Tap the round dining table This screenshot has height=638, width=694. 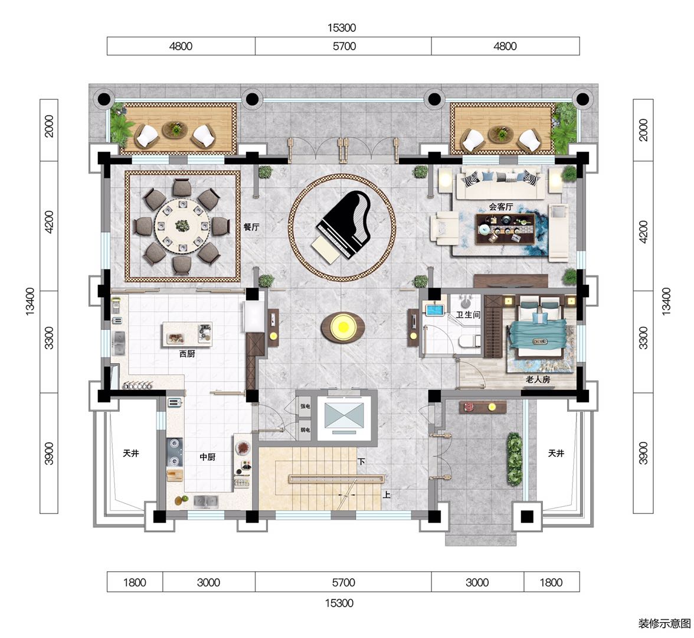(x=182, y=226)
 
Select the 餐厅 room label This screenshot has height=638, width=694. (x=251, y=227)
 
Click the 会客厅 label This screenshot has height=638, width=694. (x=501, y=207)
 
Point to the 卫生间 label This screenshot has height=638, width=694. (x=469, y=314)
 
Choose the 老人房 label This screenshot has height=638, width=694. (x=538, y=379)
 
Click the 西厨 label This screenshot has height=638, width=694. (x=187, y=353)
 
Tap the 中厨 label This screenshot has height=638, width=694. (x=207, y=457)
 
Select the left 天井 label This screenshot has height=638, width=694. (x=131, y=453)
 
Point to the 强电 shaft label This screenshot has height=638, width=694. (x=305, y=406)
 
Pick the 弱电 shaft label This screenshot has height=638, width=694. (x=305, y=430)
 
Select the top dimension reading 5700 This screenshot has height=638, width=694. (x=345, y=46)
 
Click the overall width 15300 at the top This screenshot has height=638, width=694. (x=342, y=27)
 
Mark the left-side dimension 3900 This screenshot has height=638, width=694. (x=48, y=453)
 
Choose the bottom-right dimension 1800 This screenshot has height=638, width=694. (x=551, y=582)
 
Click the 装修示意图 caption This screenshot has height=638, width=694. (x=664, y=623)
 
